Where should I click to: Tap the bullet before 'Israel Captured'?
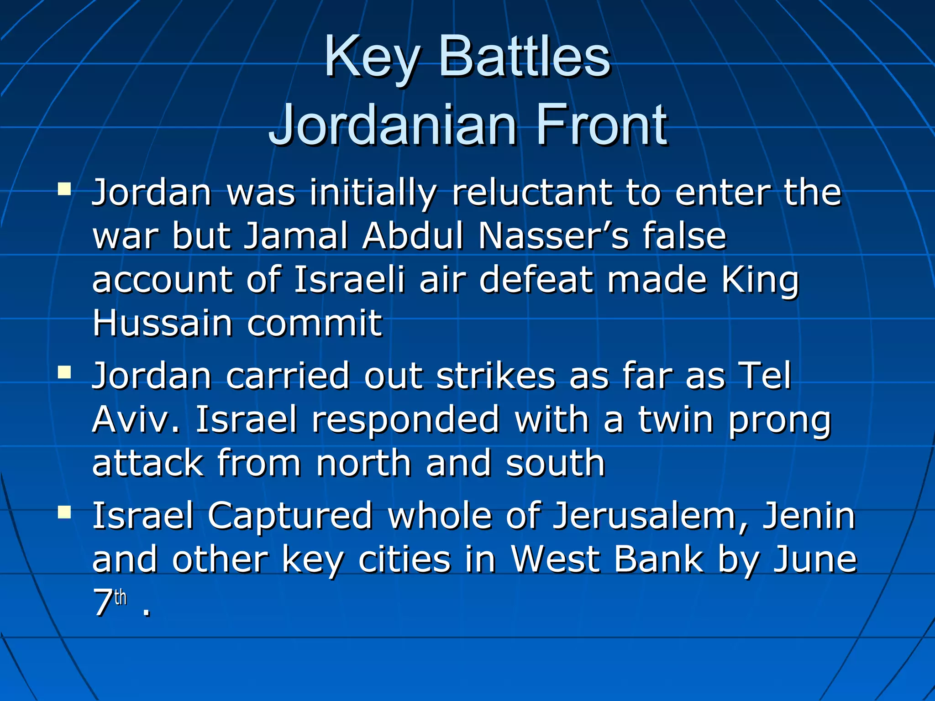[x=64, y=513]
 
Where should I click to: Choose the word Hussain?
[x=163, y=323]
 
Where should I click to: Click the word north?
[x=363, y=463]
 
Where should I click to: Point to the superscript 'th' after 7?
[x=121, y=597]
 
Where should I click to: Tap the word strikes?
[x=495, y=376]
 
